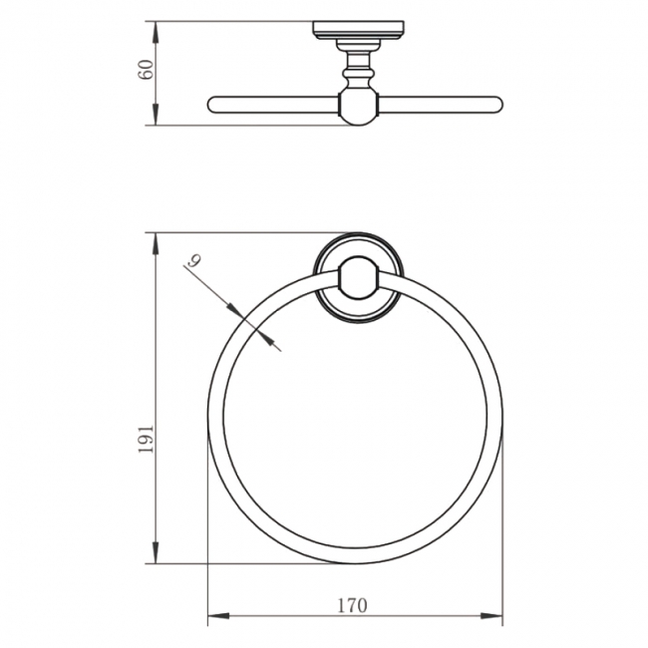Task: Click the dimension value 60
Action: pyautogui.click(x=147, y=71)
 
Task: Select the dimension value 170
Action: pyautogui.click(x=353, y=604)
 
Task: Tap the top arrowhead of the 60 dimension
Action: pyautogui.click(x=157, y=27)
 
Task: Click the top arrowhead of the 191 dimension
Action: pyautogui.click(x=157, y=239)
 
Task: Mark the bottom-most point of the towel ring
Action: pyautogui.click(x=355, y=563)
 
